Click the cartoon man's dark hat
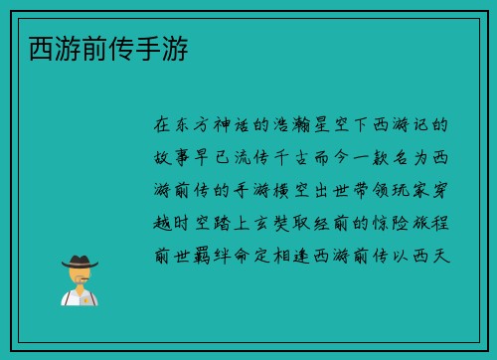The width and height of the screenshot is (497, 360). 80,263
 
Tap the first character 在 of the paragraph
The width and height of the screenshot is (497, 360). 163,126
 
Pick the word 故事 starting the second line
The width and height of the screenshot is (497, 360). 174,158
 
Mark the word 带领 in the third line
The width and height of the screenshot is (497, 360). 373,190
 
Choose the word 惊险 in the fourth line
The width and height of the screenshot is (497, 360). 395,223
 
